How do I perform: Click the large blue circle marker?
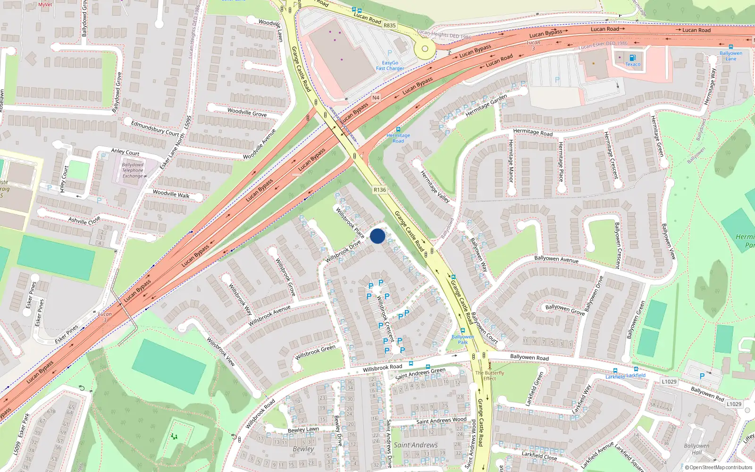(377, 236)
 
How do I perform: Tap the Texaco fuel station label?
(633, 64)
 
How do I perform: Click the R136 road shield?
(380, 190)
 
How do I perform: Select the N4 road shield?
(376, 98)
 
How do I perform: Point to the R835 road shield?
(389, 25)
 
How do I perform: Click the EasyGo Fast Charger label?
(390, 66)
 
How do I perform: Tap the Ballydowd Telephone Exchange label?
(133, 170)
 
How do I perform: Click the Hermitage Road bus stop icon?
(398, 129)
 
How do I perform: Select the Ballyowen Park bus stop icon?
(462, 330)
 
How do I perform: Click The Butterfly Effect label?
(489, 375)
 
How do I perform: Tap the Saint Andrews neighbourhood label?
(416, 445)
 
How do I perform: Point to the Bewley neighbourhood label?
(303, 449)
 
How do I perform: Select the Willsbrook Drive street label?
(343, 251)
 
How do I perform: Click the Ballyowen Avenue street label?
(556, 259)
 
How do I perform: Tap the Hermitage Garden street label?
(486, 105)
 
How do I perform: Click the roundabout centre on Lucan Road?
(425, 49)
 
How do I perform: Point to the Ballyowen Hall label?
(696, 449)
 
